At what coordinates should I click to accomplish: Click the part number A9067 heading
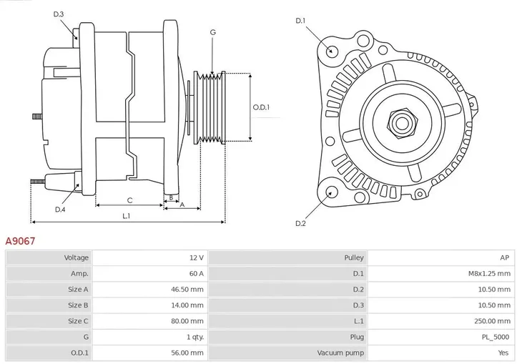tap(21, 242)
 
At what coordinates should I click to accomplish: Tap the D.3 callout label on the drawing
tap(59, 14)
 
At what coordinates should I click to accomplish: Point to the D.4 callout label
tap(60, 209)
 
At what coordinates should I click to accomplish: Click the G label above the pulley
tap(212, 32)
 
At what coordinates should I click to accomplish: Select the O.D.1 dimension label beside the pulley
tap(261, 107)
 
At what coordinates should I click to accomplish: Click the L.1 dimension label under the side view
tap(126, 216)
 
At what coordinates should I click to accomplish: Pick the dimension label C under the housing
tap(129, 200)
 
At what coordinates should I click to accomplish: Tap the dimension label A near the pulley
tap(182, 205)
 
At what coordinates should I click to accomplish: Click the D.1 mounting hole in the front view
tap(331, 51)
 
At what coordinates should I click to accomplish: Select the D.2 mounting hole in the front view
tap(331, 191)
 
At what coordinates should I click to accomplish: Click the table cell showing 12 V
tap(196, 257)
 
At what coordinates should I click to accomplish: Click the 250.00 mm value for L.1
tap(491, 321)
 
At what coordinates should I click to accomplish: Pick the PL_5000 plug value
tap(495, 337)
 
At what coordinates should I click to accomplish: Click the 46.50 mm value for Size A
tap(188, 289)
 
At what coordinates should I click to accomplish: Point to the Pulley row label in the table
tap(353, 257)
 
